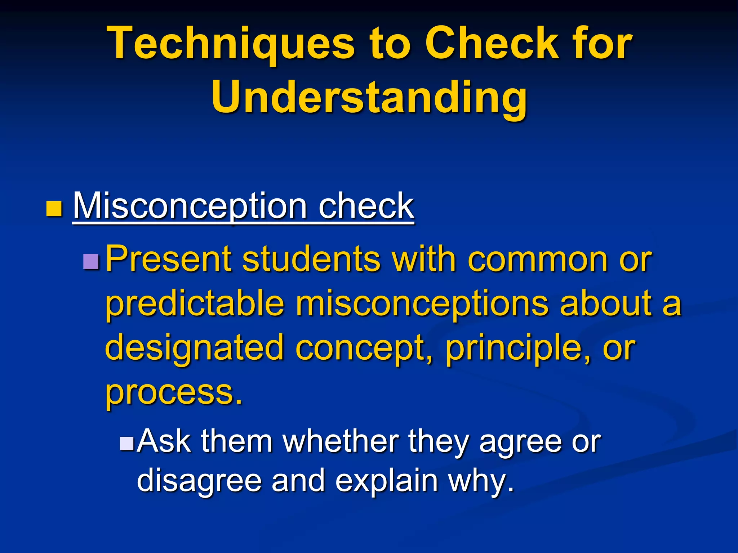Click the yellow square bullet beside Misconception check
tap(54, 209)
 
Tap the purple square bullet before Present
tap(91, 262)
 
